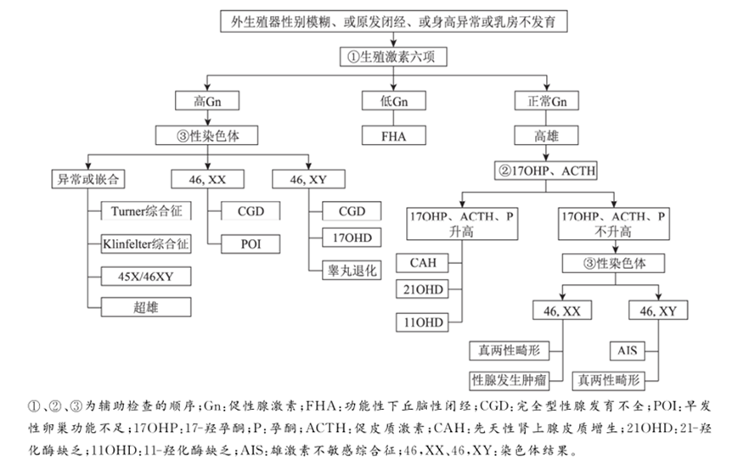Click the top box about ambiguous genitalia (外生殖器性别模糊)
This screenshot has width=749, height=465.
(393, 22)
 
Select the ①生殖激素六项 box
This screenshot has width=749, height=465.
(392, 57)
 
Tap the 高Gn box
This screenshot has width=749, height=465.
(206, 101)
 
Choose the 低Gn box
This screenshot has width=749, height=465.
(392, 101)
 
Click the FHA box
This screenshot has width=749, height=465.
(392, 134)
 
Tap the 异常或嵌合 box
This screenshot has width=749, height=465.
(87, 178)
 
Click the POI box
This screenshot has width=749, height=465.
(249, 244)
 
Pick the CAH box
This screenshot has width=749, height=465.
(423, 262)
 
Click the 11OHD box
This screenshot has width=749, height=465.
(423, 322)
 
